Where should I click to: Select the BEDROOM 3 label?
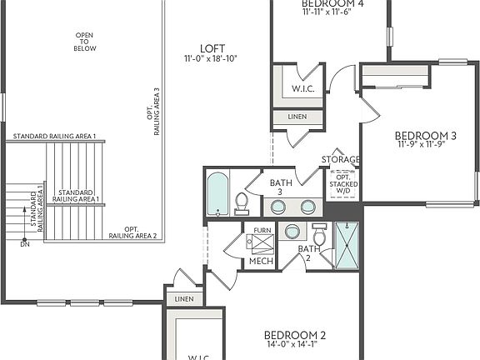[425, 136]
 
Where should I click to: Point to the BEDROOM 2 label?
[295, 335]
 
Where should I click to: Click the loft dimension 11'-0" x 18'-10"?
[211, 59]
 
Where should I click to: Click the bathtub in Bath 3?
[217, 194]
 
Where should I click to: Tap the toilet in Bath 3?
[242, 203]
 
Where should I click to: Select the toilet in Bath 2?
[318, 232]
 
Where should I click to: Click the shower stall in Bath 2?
[345, 246]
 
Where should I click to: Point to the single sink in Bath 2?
[293, 231]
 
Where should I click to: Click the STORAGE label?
[341, 159]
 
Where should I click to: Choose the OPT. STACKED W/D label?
[342, 184]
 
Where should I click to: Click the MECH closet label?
[261, 262]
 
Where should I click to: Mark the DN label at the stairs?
[25, 244]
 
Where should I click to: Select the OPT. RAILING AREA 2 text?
[132, 232]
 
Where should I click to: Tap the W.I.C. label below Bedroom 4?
[301, 88]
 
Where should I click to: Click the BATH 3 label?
[279, 187]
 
